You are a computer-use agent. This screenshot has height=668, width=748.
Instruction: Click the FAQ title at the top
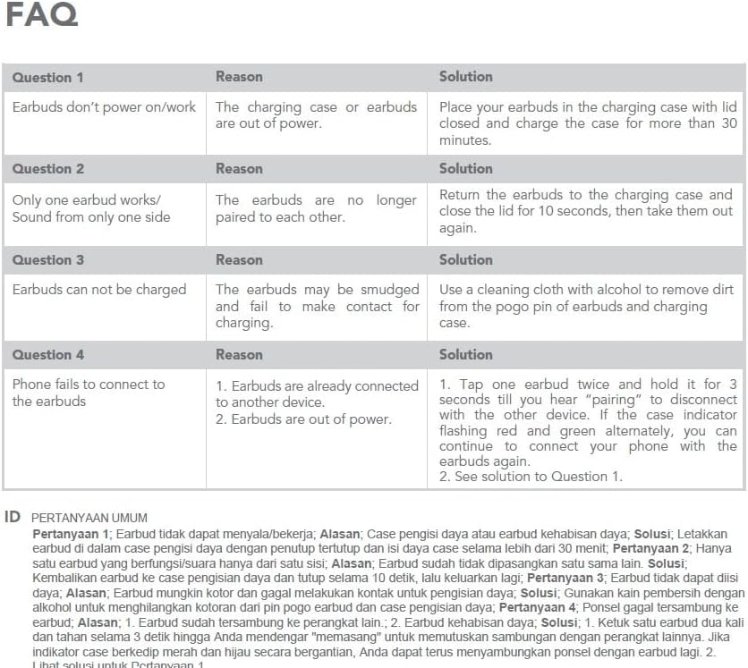[x=41, y=16]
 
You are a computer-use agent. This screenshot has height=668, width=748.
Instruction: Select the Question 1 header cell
[x=47, y=77]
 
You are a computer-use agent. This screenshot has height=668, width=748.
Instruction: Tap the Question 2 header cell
[x=47, y=168]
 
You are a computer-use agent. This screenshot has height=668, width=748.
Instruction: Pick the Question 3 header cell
[x=47, y=259]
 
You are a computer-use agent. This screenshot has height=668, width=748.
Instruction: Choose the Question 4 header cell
[x=47, y=354]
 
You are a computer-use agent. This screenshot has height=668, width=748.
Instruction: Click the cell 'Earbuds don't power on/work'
[x=104, y=107]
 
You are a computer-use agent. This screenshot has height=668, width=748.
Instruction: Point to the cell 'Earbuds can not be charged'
[x=99, y=290]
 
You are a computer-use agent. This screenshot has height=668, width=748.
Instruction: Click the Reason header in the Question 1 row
[x=239, y=77]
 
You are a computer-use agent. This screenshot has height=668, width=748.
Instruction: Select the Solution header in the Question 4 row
[x=465, y=354]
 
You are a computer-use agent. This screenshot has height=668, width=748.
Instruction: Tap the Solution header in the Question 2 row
[x=465, y=168]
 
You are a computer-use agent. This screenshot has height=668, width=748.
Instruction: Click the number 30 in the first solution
[x=728, y=123]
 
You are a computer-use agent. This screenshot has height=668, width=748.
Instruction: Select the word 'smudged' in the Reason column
[x=389, y=290]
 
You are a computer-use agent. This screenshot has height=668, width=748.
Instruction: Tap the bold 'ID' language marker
[x=13, y=517]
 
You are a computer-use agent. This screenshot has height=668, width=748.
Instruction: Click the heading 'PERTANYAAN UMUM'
[x=89, y=518]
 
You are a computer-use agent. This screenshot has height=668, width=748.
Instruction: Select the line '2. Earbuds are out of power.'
[x=302, y=419]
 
